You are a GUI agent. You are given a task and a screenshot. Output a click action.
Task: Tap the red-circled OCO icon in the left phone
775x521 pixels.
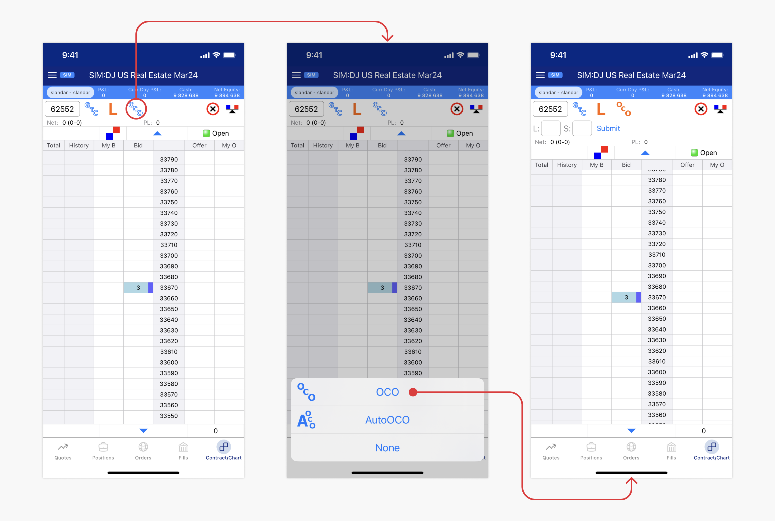pyautogui.click(x=136, y=109)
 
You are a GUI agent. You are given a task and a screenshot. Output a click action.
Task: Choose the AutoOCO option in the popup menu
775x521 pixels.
pyautogui.click(x=387, y=420)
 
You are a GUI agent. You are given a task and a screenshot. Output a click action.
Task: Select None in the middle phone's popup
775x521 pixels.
pyautogui.click(x=387, y=448)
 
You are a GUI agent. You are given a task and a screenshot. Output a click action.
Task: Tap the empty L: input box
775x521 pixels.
pyautogui.click(x=551, y=128)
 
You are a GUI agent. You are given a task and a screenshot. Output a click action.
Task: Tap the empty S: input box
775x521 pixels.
pyautogui.click(x=582, y=128)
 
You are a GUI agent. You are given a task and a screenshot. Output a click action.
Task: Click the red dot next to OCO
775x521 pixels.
pyautogui.click(x=413, y=392)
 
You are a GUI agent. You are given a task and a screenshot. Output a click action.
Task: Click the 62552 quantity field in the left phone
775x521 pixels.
pyautogui.click(x=62, y=109)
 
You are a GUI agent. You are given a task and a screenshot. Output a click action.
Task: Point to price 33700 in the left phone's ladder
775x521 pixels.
pyautogui.click(x=169, y=255)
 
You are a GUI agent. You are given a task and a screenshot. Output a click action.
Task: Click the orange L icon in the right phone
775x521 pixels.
pyautogui.click(x=601, y=109)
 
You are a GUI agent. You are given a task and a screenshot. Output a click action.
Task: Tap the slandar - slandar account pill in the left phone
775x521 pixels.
pyautogui.click(x=70, y=92)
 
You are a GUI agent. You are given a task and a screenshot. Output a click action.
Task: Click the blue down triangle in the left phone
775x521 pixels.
pyautogui.click(x=143, y=431)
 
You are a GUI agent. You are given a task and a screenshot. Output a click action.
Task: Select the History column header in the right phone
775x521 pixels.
pyautogui.click(x=567, y=165)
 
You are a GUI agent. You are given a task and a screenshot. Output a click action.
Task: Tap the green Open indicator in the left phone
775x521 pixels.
pyautogui.click(x=216, y=133)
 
